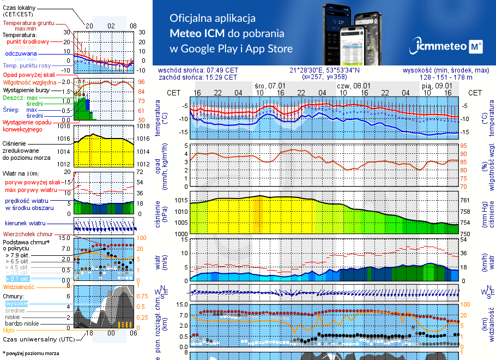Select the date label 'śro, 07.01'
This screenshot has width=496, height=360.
(270, 86)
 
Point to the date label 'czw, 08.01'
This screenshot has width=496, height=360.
(353, 86)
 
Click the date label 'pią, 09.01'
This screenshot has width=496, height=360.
(437, 86)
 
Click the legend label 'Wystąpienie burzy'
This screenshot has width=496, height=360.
(25, 89)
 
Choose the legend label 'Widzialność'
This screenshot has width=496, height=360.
(19, 286)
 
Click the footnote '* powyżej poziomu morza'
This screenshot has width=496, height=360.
(31, 353)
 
